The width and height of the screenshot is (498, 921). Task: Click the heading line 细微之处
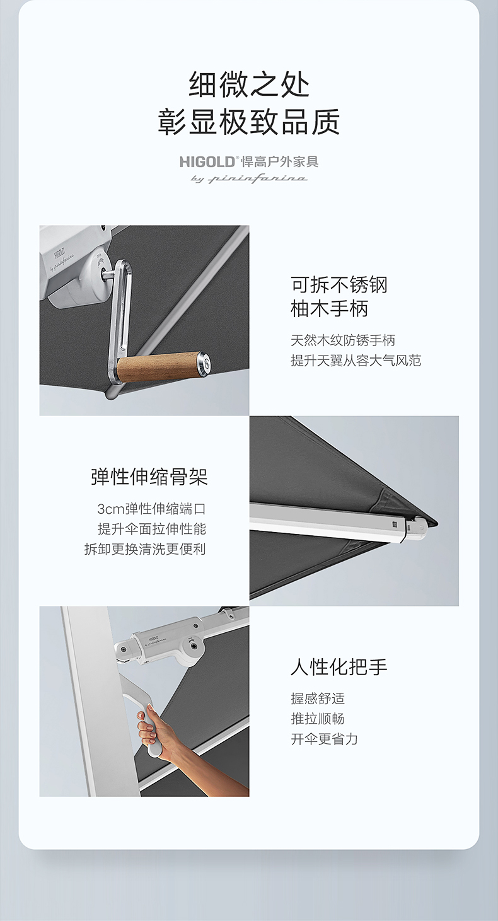(x=249, y=84)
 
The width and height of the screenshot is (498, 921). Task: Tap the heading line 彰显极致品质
(x=249, y=122)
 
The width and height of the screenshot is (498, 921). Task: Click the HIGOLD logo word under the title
(x=207, y=161)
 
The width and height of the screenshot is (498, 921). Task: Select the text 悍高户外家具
(x=280, y=161)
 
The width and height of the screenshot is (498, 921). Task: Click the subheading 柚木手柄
(x=329, y=309)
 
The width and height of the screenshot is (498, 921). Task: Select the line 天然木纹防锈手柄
(x=342, y=340)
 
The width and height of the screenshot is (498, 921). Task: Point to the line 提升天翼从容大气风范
(x=356, y=360)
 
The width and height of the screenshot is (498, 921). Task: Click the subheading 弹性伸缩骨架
(x=149, y=477)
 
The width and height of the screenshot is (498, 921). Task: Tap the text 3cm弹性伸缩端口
(x=151, y=509)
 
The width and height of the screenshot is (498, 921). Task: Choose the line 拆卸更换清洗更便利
(x=145, y=549)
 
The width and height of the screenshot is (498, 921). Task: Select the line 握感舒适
(x=318, y=698)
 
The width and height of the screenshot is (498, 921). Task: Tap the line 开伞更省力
(x=324, y=739)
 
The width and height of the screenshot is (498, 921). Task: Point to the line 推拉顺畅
(x=318, y=719)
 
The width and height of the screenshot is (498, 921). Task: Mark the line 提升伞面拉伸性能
(x=151, y=529)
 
